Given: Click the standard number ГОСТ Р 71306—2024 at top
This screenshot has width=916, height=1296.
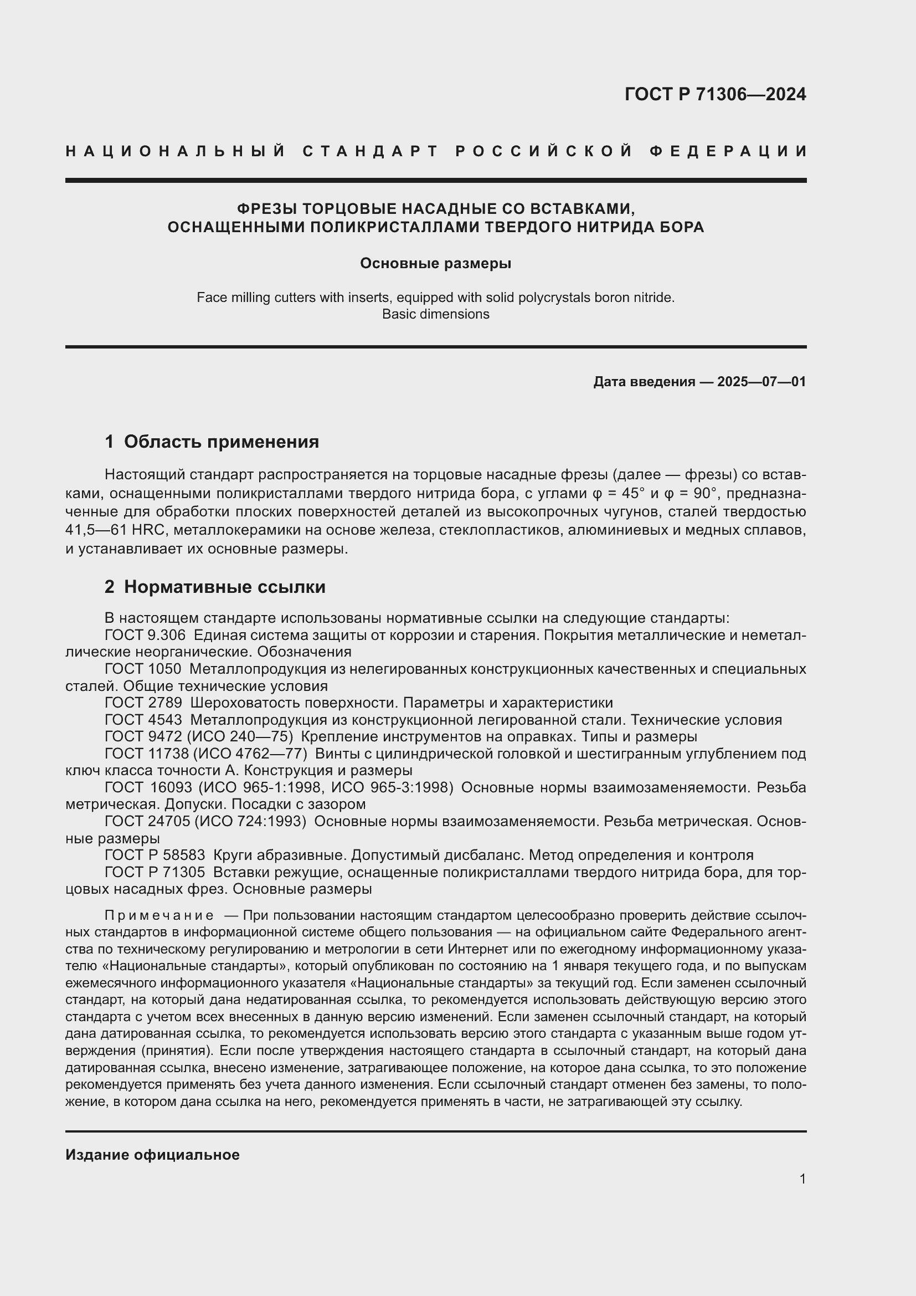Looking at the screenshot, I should (714, 94).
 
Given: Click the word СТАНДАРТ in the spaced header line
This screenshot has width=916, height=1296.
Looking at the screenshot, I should (370, 151).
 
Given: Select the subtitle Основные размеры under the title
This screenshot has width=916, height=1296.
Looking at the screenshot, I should (435, 264).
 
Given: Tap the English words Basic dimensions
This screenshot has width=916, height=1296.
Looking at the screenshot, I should (435, 314).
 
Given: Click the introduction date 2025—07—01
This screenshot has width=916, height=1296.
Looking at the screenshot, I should (761, 382).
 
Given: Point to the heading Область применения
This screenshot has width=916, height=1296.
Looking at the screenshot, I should (221, 442).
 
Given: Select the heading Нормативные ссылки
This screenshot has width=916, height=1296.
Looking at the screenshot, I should (224, 587).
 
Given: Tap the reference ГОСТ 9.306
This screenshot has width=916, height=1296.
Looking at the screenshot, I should (145, 635).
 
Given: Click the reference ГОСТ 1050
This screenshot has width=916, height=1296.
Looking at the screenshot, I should (143, 669).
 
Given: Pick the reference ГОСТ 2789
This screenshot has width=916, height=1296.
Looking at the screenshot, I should (143, 703).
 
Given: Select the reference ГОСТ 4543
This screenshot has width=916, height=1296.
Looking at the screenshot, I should (143, 720).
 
